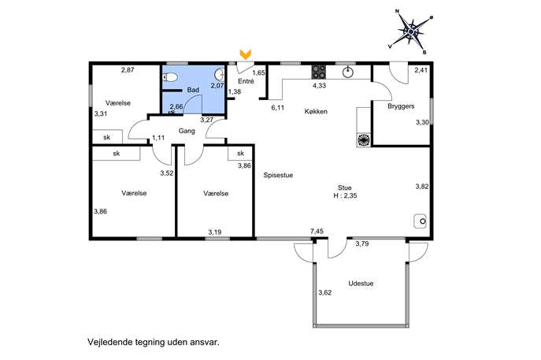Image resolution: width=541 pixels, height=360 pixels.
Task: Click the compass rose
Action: [x=410, y=32]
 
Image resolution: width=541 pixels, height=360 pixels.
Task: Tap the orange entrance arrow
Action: [x=246, y=54]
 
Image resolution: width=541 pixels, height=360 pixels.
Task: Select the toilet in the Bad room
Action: [x=170, y=77]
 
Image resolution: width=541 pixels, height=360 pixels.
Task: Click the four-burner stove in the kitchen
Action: [x=319, y=72]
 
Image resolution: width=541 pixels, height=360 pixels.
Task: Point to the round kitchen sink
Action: [x=348, y=72]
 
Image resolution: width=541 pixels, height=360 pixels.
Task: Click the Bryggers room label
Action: [x=401, y=106]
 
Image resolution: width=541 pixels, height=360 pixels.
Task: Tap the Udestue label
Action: [x=361, y=284]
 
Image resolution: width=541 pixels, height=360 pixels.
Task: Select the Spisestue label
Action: [x=278, y=175]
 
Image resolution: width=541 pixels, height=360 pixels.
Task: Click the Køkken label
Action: [x=316, y=112]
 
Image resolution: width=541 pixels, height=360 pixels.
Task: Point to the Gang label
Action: [x=187, y=131]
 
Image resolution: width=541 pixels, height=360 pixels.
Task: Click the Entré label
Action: [x=246, y=81]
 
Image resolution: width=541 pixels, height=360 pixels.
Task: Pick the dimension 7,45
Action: [x=317, y=232]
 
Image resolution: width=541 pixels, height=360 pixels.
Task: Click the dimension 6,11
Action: [x=278, y=108]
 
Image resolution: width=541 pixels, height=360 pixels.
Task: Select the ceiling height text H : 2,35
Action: [x=345, y=195]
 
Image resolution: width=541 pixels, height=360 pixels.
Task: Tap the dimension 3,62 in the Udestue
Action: [x=325, y=293]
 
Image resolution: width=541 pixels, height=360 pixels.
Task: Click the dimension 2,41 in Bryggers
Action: [x=421, y=70]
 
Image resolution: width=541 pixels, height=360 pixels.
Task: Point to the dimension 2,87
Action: [x=128, y=70]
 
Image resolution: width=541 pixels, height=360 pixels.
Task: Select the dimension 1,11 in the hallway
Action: [x=158, y=138]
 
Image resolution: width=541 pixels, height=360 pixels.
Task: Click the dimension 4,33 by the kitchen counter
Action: [x=319, y=86]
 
